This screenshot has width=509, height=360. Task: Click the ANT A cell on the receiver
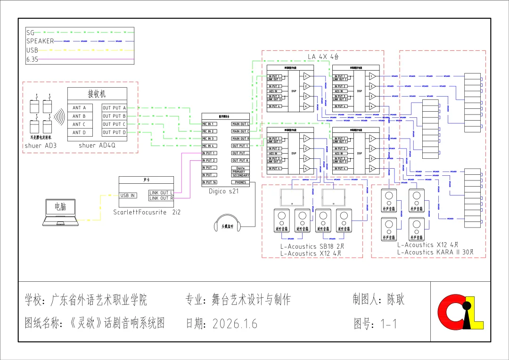79,108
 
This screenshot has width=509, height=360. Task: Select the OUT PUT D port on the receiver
114,132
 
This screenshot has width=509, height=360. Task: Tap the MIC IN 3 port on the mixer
209,139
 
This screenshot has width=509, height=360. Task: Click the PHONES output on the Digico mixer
240,182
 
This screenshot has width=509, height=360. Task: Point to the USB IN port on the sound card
128,195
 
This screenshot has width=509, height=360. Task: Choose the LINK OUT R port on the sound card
161,198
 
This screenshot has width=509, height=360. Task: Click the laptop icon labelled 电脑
61,212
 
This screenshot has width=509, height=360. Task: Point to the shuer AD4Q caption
97,146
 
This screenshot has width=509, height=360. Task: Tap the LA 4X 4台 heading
323,57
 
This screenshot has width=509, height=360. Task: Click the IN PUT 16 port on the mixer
210,182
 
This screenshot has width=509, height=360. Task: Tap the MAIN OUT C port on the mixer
240,131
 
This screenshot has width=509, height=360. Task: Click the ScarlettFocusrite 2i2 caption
147,212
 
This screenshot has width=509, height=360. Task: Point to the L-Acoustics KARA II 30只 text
435,252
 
